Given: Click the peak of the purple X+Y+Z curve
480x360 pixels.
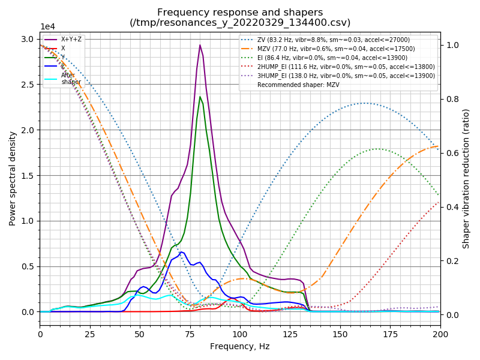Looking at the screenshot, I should point(200,45).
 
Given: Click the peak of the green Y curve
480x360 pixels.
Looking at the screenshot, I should point(200,97).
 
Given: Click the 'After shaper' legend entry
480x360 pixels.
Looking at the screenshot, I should point(71,79).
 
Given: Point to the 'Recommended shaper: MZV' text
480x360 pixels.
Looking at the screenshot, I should point(294,85).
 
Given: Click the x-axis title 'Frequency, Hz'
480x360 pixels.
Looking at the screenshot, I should point(240,346).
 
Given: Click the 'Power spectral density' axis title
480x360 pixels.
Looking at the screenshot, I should point(13,178).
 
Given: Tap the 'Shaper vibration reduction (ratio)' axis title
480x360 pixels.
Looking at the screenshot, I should point(466,178).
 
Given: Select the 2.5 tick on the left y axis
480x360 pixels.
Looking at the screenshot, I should point(28,85).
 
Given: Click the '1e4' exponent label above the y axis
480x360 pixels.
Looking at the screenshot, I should point(47,27).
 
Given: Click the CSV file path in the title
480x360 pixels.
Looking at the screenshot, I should point(240,23).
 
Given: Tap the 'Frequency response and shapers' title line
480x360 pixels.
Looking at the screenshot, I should point(240,12).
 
